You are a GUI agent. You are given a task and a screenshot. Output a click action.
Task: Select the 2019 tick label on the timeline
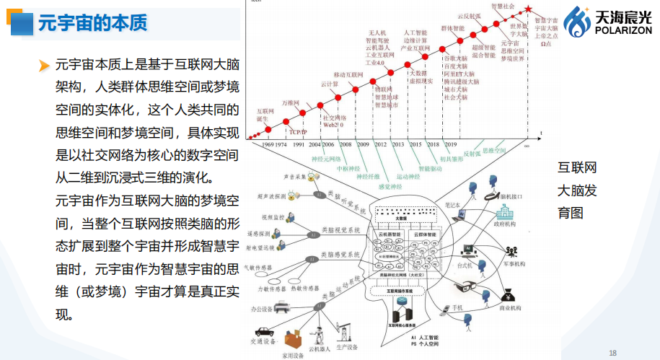click(450, 144)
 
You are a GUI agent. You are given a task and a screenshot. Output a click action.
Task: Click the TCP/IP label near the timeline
click(298, 132)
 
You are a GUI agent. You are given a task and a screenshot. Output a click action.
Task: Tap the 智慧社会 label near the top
click(503, 6)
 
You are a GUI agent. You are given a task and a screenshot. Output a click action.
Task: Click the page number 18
click(613, 353)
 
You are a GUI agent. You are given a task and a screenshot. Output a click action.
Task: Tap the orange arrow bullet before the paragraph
click(45, 66)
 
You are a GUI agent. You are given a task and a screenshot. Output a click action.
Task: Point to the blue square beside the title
click(25, 22)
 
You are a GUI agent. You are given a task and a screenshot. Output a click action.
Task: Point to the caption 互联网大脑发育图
click(577, 191)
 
